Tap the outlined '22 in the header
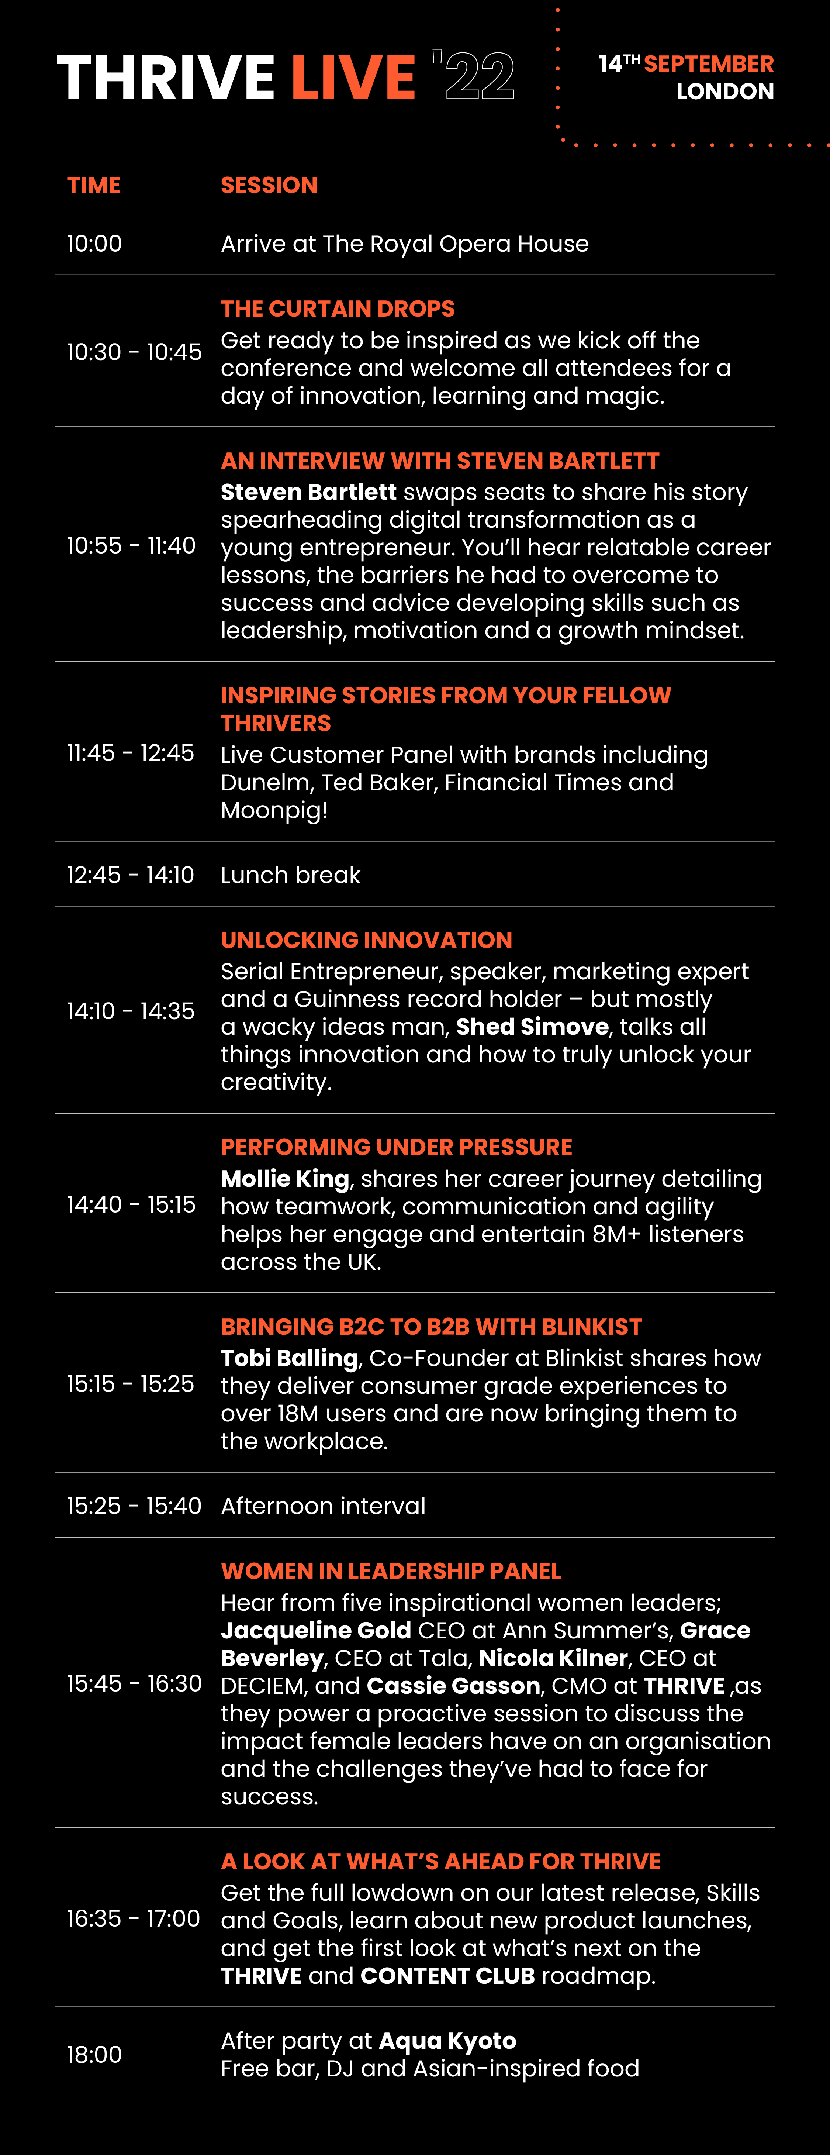[x=474, y=75]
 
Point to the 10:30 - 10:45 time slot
[x=134, y=352]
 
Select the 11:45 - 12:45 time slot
[x=131, y=753]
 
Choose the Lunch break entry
[x=290, y=875]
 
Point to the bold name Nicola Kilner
[x=553, y=1658]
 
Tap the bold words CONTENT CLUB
[x=447, y=1976]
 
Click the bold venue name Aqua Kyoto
[x=447, y=2041]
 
